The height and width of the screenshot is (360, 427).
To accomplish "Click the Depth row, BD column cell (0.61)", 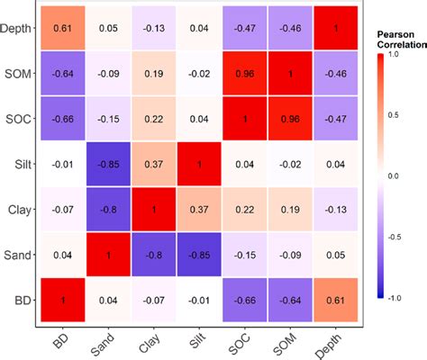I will click(x=63, y=29).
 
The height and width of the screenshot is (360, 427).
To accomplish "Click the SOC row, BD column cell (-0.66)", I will click(x=63, y=118).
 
